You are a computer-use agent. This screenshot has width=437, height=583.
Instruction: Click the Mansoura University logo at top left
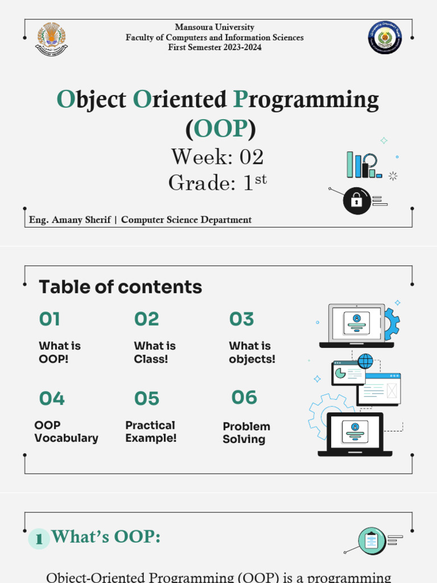[51, 38]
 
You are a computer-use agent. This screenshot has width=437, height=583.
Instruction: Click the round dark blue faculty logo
[385, 38]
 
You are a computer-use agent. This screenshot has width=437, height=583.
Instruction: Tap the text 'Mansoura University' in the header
[215, 27]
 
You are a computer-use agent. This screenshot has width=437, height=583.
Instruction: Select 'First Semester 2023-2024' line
[215, 47]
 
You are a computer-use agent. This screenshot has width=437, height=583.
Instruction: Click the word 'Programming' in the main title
[307, 100]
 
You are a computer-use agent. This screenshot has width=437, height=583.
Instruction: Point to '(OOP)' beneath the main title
[220, 129]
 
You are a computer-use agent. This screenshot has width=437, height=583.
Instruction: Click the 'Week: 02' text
[217, 157]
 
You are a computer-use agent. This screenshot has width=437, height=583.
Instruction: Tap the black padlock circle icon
[356, 200]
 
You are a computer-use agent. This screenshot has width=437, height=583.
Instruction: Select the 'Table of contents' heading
[120, 287]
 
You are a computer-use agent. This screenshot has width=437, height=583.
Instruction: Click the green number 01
[50, 319]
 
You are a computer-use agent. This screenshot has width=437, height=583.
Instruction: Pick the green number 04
[52, 399]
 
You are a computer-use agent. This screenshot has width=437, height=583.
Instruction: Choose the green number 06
[244, 397]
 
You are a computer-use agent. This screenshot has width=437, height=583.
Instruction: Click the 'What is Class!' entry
[155, 352]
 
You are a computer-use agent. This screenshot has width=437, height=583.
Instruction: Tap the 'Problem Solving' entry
[246, 433]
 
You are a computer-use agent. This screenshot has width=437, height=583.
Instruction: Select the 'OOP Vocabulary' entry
[66, 432]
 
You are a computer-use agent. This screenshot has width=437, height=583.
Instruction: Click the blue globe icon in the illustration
[365, 361]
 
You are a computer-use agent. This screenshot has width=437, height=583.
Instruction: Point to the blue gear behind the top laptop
[392, 324]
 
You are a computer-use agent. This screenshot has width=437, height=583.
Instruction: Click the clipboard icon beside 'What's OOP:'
[372, 540]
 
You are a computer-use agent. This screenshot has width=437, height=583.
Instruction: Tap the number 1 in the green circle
[39, 539]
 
